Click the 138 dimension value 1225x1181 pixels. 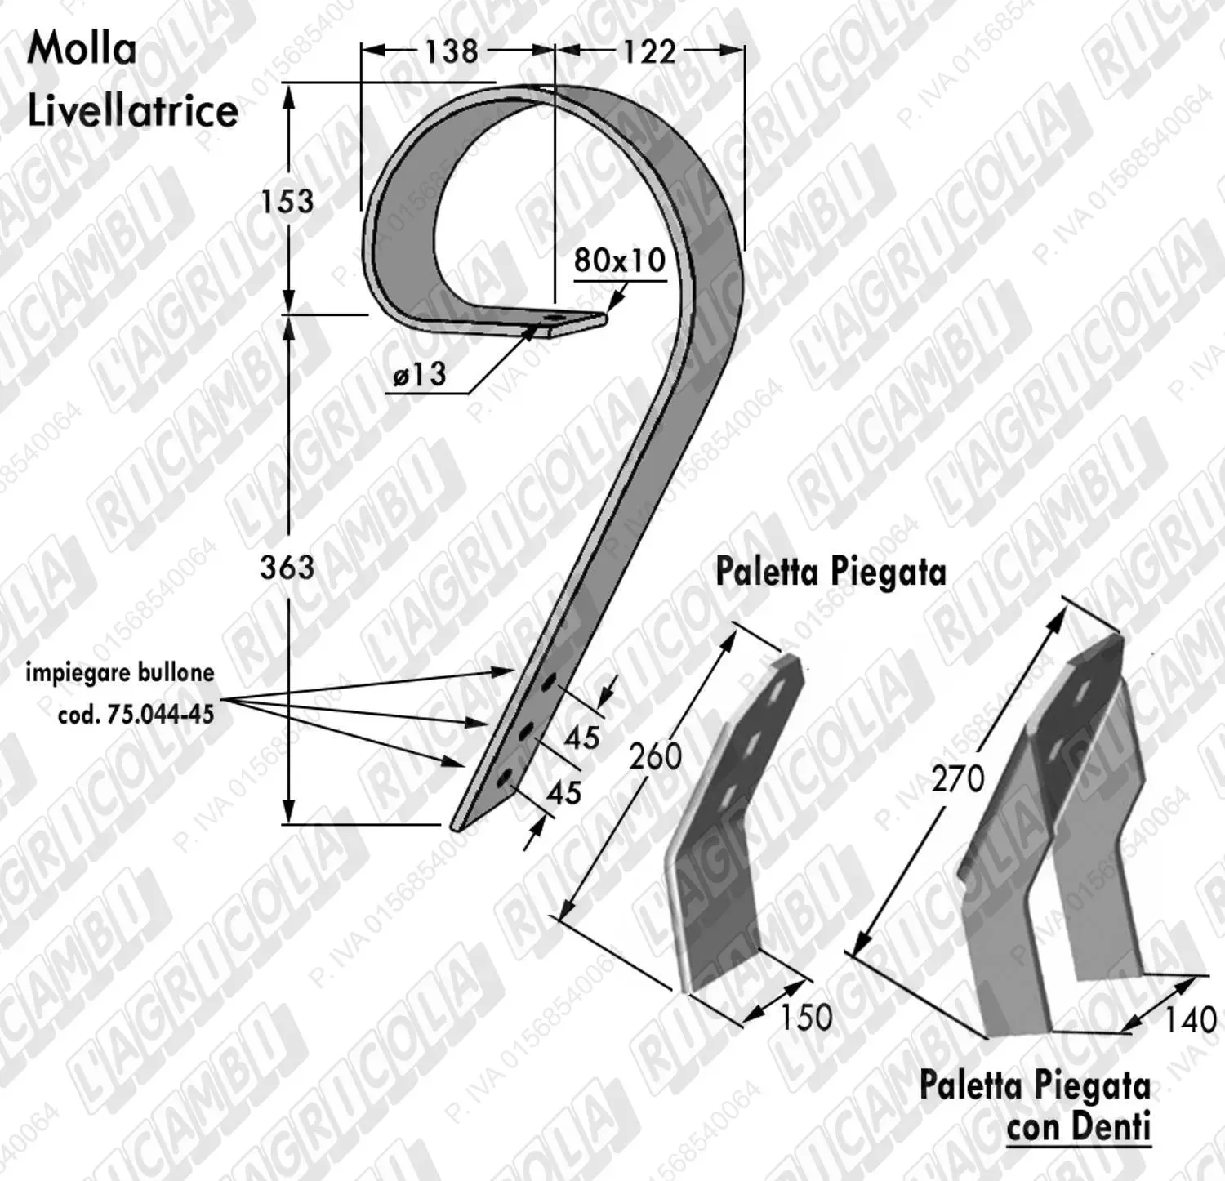click(451, 51)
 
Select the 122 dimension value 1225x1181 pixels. click(650, 51)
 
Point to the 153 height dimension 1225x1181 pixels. click(287, 201)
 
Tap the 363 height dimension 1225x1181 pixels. click(287, 566)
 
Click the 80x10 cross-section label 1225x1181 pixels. click(620, 260)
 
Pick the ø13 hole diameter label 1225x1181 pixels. click(420, 374)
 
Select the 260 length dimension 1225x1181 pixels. click(655, 756)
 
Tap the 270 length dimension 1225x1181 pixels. click(958, 778)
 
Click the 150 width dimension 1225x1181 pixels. click(806, 1017)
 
